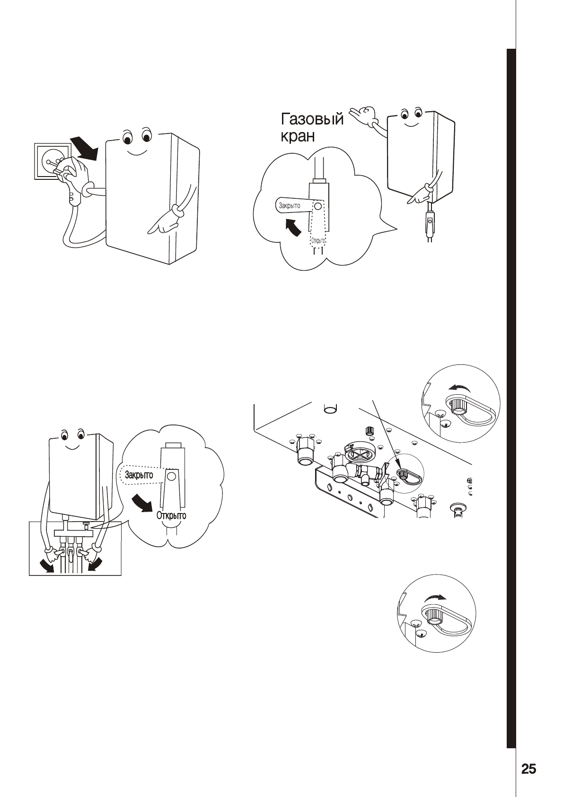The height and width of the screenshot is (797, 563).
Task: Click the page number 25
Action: (x=528, y=769)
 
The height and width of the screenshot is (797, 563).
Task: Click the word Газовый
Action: (x=312, y=119)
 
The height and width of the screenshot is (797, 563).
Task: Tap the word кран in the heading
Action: (x=296, y=136)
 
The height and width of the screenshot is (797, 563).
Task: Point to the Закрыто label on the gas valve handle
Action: (x=290, y=206)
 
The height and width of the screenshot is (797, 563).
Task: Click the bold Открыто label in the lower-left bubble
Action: (x=171, y=515)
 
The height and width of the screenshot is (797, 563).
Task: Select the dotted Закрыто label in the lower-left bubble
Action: (x=139, y=475)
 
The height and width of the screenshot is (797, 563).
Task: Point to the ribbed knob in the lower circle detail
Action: (x=431, y=615)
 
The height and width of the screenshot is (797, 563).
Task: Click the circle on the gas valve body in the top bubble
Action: (x=318, y=206)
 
